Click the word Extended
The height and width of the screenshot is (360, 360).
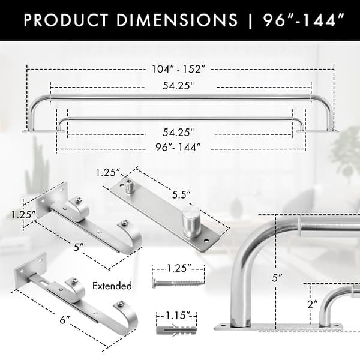pos(112,286)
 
